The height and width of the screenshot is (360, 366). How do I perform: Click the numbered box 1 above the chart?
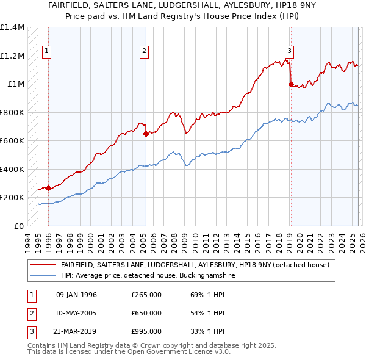click(47, 51)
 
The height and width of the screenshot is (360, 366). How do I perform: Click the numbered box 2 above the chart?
click(145, 51)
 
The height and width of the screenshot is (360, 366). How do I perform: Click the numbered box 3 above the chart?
click(289, 51)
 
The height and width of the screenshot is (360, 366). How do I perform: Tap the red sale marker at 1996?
click(48, 189)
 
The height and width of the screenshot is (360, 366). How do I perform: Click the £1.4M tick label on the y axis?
click(12, 27)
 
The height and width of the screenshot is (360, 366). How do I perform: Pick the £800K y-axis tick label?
click(12, 112)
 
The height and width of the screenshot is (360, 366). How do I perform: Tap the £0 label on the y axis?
click(18, 226)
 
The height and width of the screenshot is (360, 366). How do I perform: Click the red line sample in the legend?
click(43, 265)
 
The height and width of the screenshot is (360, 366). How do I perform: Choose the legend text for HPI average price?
click(148, 276)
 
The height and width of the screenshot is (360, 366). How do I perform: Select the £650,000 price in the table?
click(146, 313)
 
